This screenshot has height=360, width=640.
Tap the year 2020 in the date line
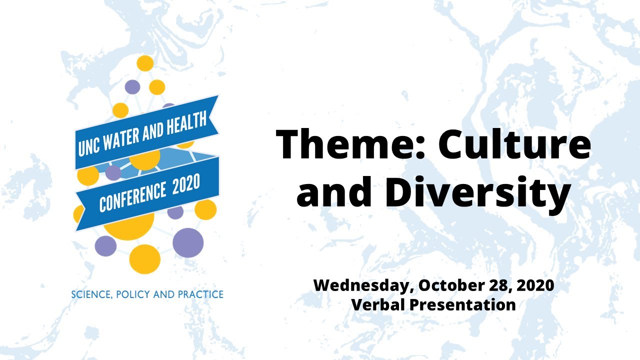pos(536,286)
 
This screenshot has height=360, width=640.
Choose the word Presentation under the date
pos(464,304)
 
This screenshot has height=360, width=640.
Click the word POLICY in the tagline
pos(133,294)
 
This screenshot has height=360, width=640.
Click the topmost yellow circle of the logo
pos(145,63)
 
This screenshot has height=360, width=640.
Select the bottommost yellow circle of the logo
pos(145,259)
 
